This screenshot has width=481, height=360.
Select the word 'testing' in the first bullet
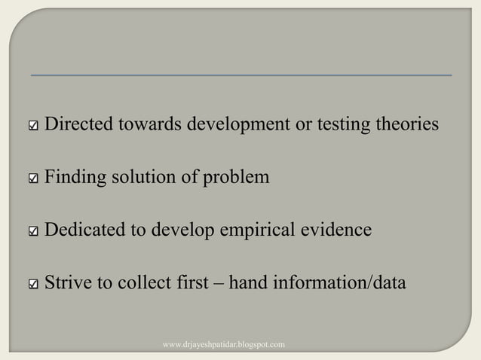(x=348, y=124)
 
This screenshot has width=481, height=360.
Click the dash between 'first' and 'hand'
(x=218, y=284)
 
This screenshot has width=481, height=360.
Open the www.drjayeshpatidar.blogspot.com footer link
(x=224, y=345)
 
